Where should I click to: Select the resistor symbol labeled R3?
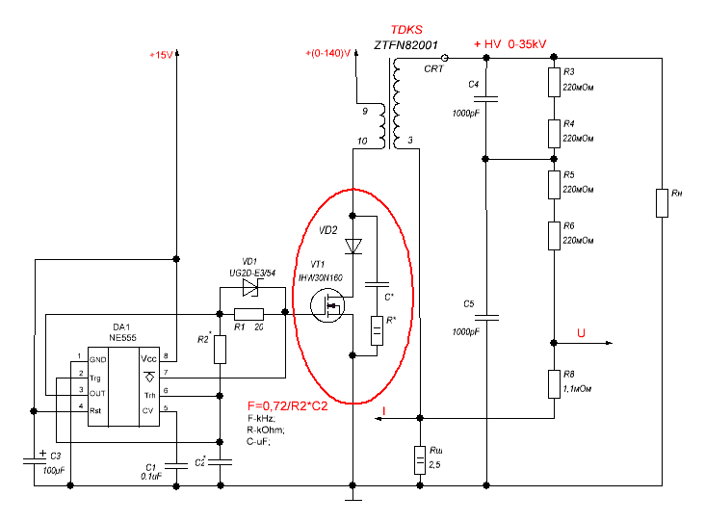point(554,81)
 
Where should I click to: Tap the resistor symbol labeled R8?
point(554,382)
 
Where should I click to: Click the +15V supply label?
point(160,55)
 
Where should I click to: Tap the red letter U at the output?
point(581,333)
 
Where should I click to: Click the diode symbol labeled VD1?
point(250,287)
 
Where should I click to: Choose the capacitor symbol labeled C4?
point(487,97)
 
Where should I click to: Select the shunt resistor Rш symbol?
point(420,459)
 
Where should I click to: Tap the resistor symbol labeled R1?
point(248,313)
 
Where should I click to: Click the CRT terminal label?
point(433,70)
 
